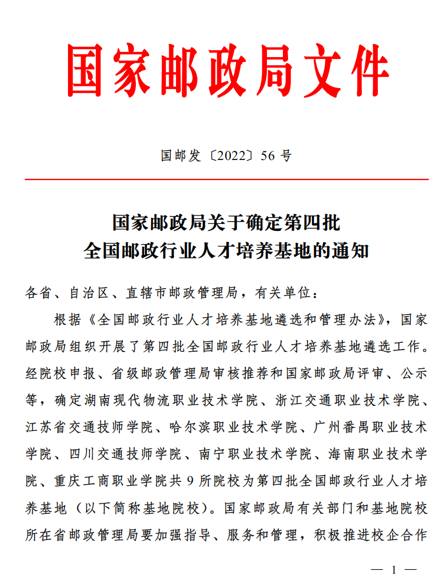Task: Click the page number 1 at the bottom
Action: click(394, 570)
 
